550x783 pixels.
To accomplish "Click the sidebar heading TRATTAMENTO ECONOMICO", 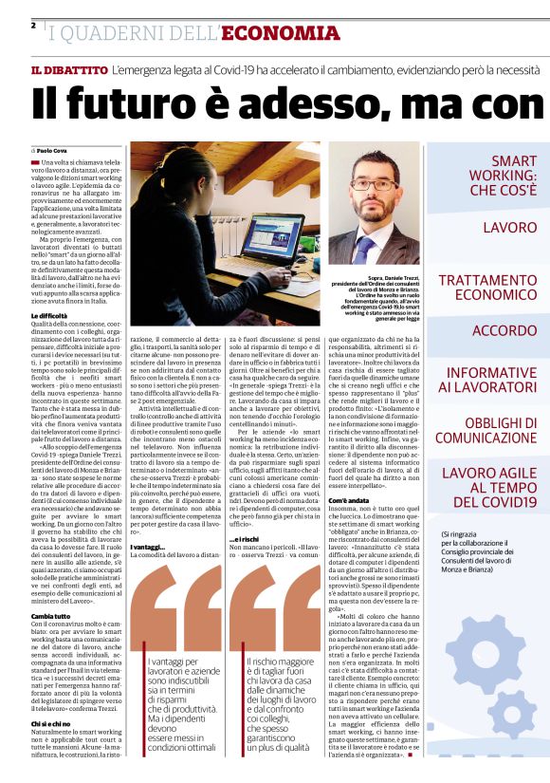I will [483, 289].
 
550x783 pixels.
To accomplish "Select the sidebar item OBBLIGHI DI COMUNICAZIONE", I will [483, 429].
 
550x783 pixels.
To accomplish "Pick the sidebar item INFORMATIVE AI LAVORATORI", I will [483, 380].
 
